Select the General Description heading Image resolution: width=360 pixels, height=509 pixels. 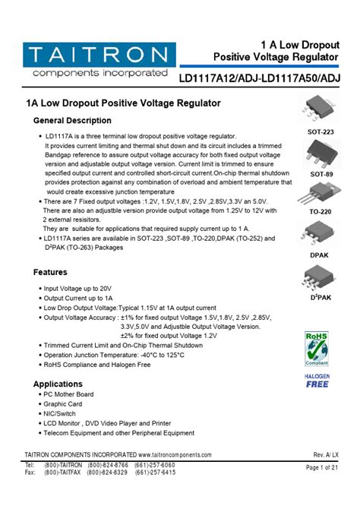click(72, 121)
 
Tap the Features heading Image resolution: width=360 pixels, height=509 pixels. click(50, 272)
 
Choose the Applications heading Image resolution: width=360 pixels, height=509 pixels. click(58, 384)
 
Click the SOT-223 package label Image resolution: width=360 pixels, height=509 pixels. click(320, 131)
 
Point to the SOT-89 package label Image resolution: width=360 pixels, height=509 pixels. click(321, 174)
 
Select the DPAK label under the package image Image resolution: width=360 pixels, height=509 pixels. click(320, 255)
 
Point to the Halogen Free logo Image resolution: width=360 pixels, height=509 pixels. click(317, 380)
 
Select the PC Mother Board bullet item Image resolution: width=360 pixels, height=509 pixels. click(68, 394)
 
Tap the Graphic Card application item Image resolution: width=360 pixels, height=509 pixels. click(62, 404)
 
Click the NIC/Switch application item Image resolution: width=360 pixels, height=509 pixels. click(62, 414)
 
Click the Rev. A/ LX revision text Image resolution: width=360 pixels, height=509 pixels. click(326, 454)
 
